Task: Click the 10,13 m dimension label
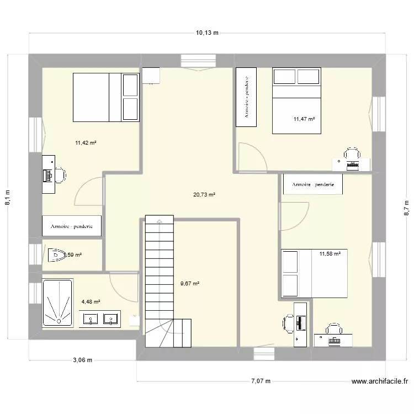207,33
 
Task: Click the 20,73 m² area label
204,194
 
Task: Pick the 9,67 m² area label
189,284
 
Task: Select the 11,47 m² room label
304,119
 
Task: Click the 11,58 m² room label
330,254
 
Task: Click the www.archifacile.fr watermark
379,381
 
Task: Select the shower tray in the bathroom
57,303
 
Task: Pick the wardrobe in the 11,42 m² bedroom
72,226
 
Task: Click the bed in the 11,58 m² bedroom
314,273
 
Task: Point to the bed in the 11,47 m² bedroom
296,100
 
